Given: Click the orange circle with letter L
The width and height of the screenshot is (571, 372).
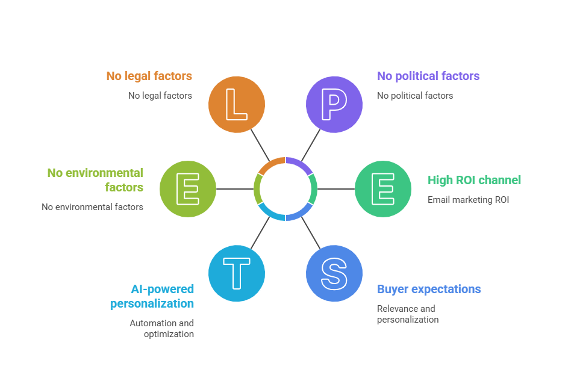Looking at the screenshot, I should click(237, 104).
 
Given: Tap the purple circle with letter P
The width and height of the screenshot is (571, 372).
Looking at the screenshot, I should click(334, 104).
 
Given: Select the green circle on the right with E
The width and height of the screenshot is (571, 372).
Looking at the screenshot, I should click(383, 189).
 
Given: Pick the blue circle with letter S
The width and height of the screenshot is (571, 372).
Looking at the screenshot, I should click(334, 273).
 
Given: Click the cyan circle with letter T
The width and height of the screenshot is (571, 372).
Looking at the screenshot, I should click(237, 273).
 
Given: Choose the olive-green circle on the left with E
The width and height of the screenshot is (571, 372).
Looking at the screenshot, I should click(188, 189).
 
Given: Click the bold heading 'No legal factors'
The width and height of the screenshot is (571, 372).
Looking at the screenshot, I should click(149, 76).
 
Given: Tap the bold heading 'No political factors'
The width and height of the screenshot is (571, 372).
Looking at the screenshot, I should click(428, 76).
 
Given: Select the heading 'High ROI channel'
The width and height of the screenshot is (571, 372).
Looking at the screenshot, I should click(474, 180).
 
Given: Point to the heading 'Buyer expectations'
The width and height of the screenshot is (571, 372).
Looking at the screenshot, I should click(429, 289).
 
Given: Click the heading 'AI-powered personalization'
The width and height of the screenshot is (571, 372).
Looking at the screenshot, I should click(152, 296).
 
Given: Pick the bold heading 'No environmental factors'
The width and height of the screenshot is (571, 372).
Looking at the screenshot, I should click(96, 180).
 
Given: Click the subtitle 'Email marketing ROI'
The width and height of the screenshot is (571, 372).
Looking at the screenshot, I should click(468, 200).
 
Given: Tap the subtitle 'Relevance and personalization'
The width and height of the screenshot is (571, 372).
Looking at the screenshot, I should click(408, 314).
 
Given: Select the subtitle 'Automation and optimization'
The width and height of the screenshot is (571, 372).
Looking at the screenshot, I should click(162, 329).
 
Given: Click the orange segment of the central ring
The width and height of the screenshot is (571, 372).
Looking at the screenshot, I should click(272, 163).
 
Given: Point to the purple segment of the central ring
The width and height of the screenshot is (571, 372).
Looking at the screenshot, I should click(299, 163).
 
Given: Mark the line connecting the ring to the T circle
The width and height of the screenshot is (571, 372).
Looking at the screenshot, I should click(260, 232).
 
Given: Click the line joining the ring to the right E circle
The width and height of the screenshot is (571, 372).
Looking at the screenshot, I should click(336, 189).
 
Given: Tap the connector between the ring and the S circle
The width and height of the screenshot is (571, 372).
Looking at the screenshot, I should click(311, 232).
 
